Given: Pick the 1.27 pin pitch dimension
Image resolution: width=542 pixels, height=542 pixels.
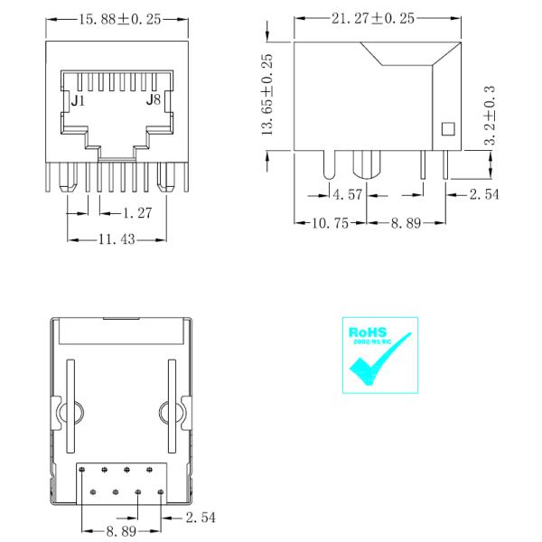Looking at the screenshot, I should click(128, 212).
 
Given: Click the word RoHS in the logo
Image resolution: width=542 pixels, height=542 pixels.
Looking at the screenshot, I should click(365, 332).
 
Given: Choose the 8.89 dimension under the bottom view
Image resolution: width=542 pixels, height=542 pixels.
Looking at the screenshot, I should click(122, 532).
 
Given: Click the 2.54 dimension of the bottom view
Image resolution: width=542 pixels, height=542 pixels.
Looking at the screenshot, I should click(201, 517).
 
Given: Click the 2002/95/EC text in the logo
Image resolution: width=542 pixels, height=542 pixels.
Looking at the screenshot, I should click(369, 343).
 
